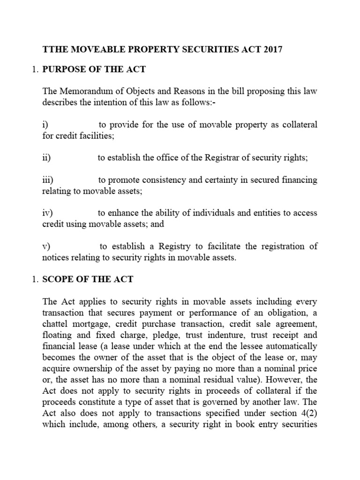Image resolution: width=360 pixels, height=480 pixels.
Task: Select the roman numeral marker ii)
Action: coord(46,158)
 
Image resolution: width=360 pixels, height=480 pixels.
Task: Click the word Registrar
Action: coord(221,158)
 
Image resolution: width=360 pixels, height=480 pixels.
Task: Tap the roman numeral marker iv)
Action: coord(48,213)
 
